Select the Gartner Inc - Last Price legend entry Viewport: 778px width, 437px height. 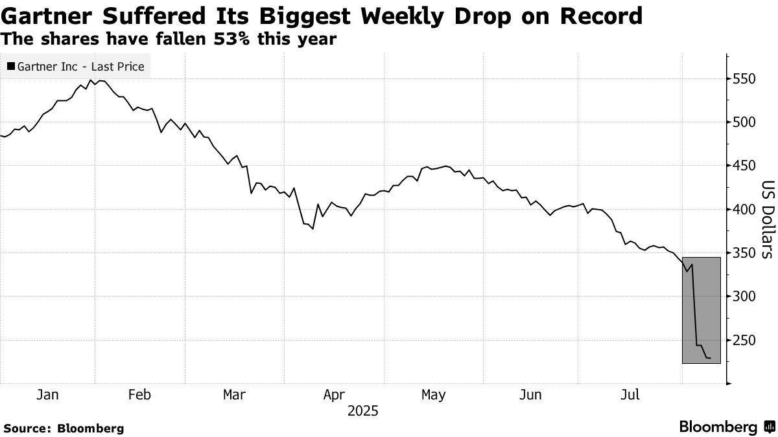75,66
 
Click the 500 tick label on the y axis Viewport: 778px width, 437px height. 744,122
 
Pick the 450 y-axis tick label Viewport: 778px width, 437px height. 744,166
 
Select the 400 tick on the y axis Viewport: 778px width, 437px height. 744,210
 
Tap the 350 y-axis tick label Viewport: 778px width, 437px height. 744,253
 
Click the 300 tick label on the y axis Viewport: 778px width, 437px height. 744,297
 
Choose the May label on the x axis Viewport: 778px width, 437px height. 433,394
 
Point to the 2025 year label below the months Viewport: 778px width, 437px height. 362,411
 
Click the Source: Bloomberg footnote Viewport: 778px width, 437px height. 64,428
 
